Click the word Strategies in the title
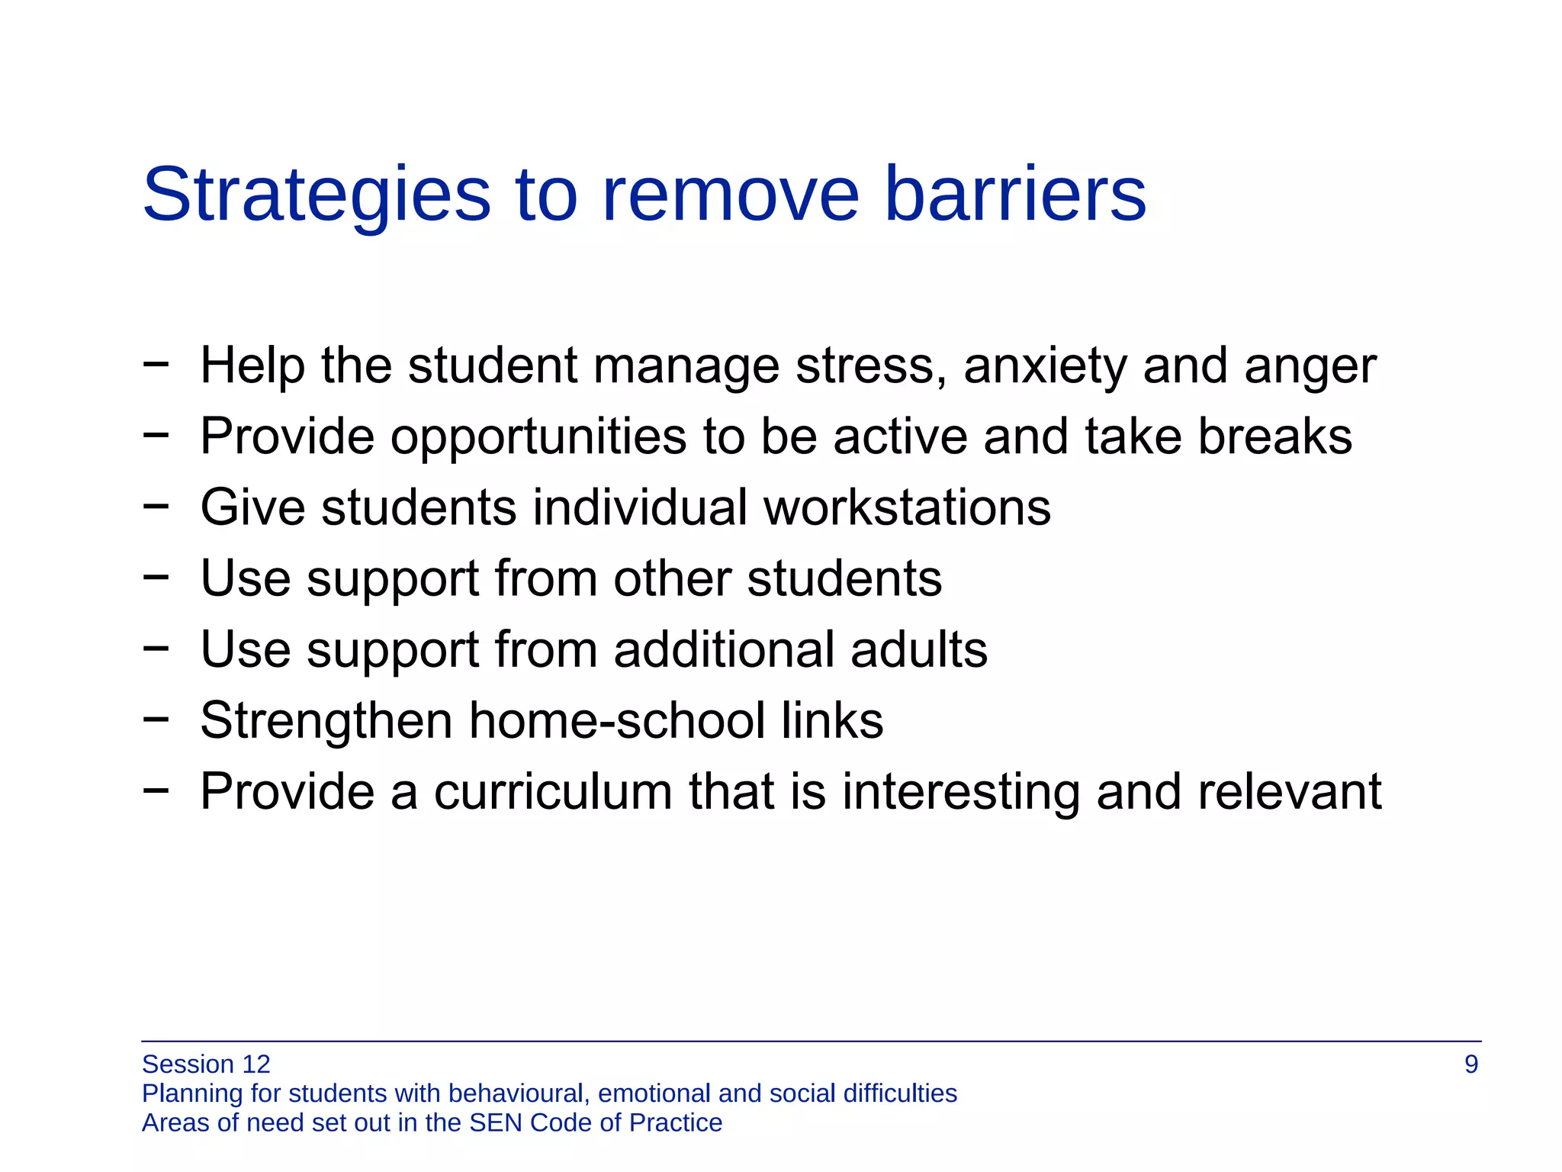[x=316, y=195]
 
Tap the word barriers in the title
[x=1014, y=195]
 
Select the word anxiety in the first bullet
[x=1045, y=366]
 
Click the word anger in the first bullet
[x=1310, y=366]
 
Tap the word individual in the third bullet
[x=640, y=507]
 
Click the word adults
[x=918, y=649]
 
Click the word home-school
[x=616, y=720]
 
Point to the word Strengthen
[x=326, y=720]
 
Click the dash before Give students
[x=155, y=505]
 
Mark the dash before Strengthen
[x=155, y=718]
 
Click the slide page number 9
[x=1471, y=1064]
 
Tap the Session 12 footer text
[x=206, y=1064]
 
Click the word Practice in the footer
[x=676, y=1122]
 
